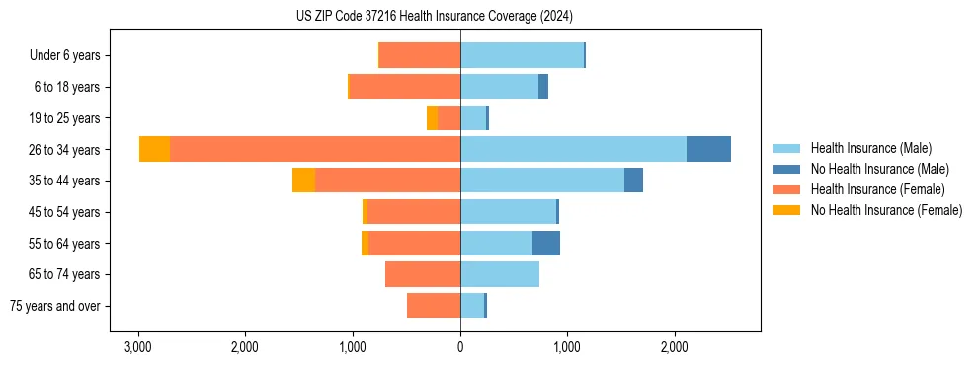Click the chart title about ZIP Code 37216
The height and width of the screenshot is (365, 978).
click(434, 17)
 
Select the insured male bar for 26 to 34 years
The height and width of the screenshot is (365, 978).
click(573, 149)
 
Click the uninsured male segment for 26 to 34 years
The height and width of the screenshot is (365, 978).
click(708, 149)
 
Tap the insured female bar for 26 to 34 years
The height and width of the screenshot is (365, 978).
click(314, 149)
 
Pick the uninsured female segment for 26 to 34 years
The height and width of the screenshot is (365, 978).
click(154, 149)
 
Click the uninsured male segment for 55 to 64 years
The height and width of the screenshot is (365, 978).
click(546, 243)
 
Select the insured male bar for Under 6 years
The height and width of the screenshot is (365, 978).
click(522, 55)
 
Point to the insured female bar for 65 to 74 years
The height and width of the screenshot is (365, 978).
click(423, 274)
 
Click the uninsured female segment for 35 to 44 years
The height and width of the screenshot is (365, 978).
click(304, 181)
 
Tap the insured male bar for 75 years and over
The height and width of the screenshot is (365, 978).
click(472, 306)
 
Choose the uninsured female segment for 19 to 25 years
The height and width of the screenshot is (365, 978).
click(432, 118)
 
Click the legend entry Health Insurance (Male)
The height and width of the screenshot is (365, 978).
click(870, 148)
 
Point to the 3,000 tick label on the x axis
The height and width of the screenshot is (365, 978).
click(138, 347)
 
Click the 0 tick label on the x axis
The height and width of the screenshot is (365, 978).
click(460, 347)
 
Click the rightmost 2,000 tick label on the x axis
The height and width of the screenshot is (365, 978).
click(675, 347)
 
